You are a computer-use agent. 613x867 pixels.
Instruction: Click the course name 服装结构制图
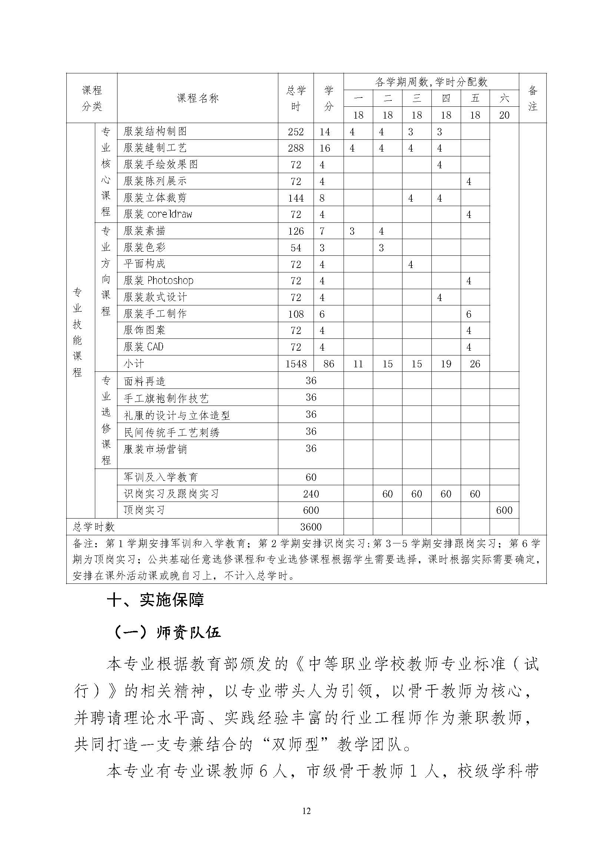point(155,132)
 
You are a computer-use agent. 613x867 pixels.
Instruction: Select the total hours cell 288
point(295,148)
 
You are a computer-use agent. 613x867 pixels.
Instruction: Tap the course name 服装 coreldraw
point(158,214)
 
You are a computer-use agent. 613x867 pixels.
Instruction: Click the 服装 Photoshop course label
point(159,281)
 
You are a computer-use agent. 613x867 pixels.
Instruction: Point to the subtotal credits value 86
point(329,364)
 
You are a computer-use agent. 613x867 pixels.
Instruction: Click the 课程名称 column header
point(198,98)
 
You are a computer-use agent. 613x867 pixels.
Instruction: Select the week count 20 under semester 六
point(504,115)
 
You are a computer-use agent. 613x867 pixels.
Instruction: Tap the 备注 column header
point(533,98)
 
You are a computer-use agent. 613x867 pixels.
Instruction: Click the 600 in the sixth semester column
point(504,510)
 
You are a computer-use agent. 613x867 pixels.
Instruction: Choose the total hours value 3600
point(311,527)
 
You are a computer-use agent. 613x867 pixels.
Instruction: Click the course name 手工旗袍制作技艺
point(166,398)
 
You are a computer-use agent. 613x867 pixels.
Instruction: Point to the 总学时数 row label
point(94,527)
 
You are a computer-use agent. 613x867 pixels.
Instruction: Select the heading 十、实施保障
point(156,600)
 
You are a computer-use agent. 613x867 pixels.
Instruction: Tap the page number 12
point(306,811)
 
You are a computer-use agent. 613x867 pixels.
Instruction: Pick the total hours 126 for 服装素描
point(295,231)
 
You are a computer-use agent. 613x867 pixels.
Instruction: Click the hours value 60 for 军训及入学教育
point(311,477)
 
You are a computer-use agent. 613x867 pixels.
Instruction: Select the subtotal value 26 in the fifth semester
point(475,364)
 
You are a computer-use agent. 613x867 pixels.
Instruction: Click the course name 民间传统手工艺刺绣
point(172,432)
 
